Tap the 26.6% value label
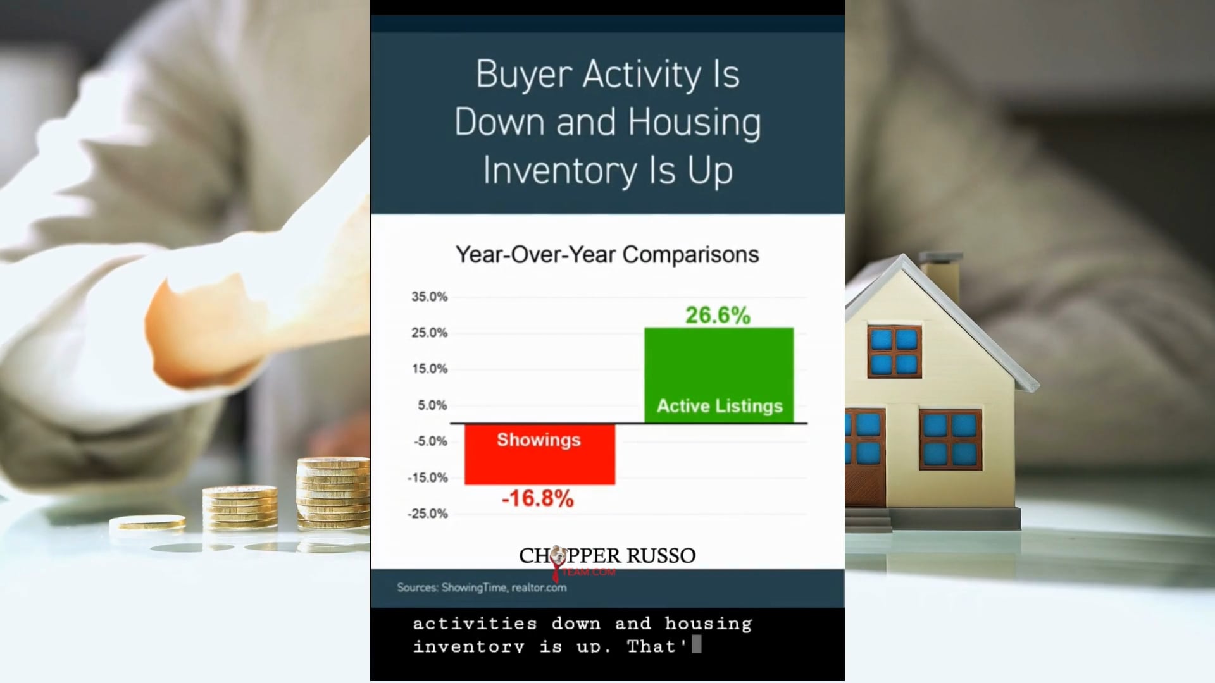tap(718, 315)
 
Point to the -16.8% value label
tap(538, 498)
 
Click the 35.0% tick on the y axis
tap(429, 297)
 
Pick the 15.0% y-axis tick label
tap(429, 369)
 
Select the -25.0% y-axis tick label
tap(427, 514)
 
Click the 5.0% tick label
tap(432, 405)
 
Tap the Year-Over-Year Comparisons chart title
tap(607, 254)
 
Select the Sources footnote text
tap(482, 588)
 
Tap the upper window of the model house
tap(894, 352)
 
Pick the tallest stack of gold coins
tap(333, 493)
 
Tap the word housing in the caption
tap(708, 624)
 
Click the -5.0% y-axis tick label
tap(430, 441)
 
